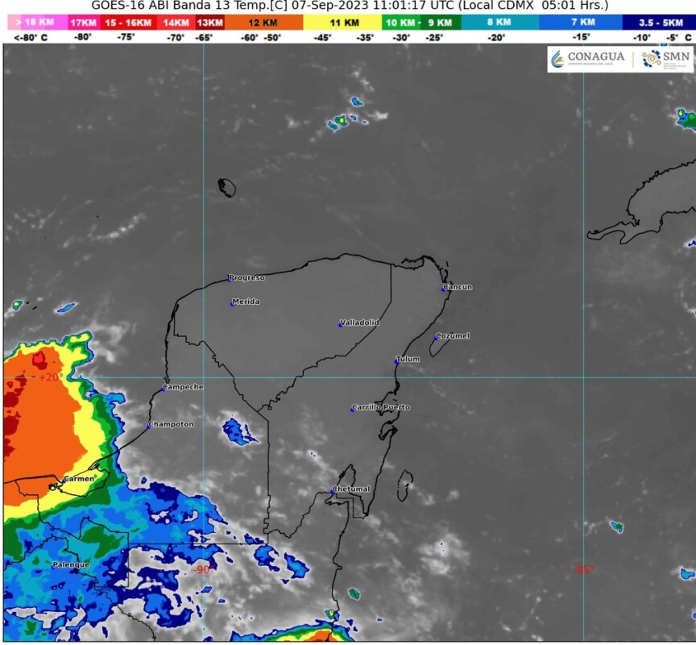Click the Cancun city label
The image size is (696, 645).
click(x=458, y=287)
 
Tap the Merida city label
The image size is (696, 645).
click(x=246, y=302)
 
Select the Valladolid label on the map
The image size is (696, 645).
click(x=360, y=322)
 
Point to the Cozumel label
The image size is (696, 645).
click(x=454, y=335)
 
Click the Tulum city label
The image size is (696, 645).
click(x=408, y=359)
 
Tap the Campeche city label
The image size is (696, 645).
click(x=184, y=387)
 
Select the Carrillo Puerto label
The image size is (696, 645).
click(x=382, y=407)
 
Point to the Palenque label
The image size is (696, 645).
click(x=71, y=564)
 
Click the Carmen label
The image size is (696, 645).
click(x=80, y=479)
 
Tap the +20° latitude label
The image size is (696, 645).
click(x=50, y=377)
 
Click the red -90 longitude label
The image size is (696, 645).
click(x=201, y=569)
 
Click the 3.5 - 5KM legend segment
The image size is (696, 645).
click(x=661, y=23)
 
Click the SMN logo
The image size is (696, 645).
click(x=667, y=58)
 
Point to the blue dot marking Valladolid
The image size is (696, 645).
click(x=340, y=325)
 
